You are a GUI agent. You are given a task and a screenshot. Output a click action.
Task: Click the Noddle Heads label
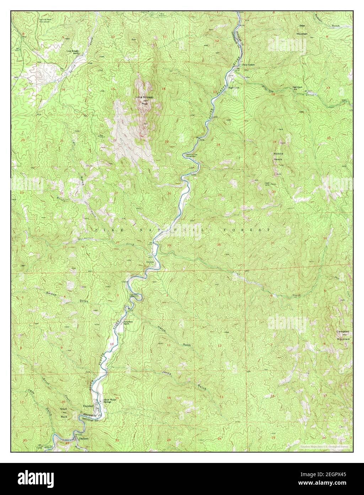278,157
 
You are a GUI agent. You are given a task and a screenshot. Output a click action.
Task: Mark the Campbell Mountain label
343,335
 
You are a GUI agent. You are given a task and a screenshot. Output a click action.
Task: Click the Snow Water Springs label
110,401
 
